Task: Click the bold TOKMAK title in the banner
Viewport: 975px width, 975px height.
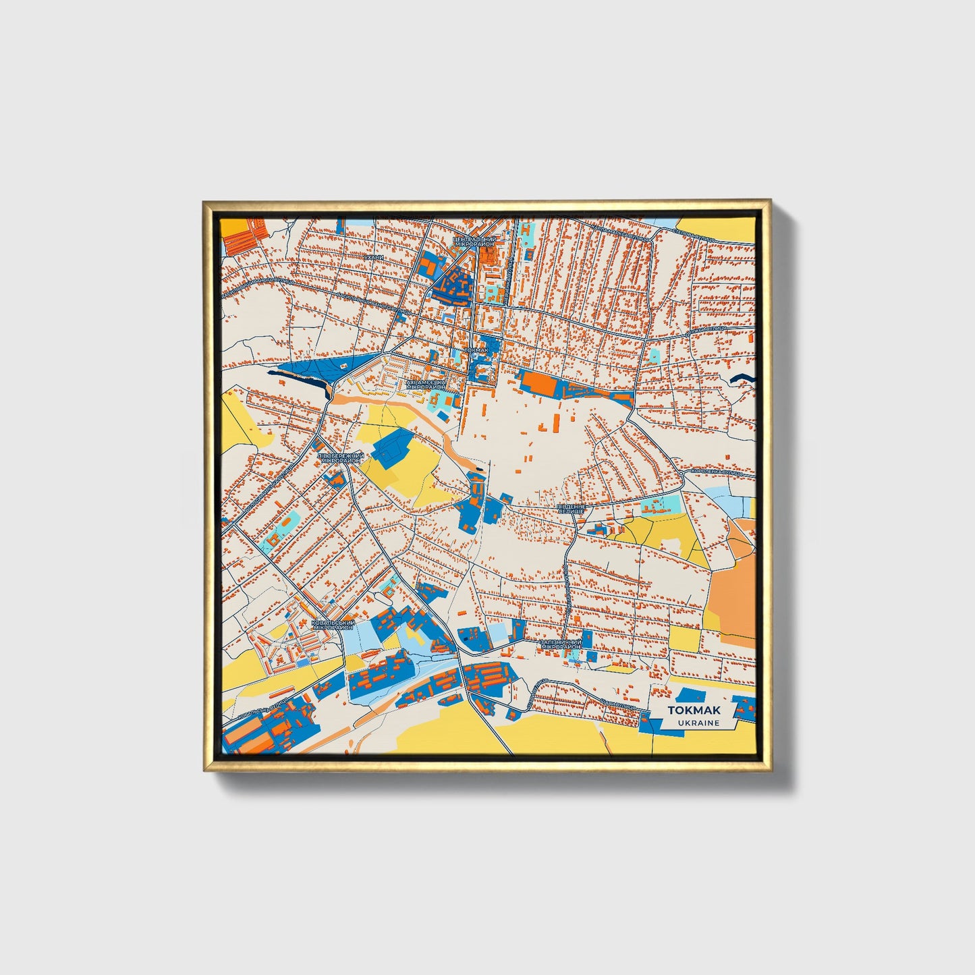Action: (x=693, y=710)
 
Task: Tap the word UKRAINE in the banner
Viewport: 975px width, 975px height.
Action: (x=698, y=723)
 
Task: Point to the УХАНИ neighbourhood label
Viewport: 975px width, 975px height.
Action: (x=373, y=257)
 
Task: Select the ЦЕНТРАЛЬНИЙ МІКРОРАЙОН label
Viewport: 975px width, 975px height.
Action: (x=474, y=242)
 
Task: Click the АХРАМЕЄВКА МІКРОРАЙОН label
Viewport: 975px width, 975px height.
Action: (x=426, y=385)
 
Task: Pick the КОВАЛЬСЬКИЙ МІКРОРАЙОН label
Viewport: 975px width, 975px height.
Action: (x=333, y=625)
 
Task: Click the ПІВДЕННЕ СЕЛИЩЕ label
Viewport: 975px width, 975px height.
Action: (x=571, y=507)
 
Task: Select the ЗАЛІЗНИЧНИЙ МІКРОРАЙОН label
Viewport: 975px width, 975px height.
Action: (x=561, y=644)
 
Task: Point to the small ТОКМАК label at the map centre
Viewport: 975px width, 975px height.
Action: (x=476, y=351)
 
